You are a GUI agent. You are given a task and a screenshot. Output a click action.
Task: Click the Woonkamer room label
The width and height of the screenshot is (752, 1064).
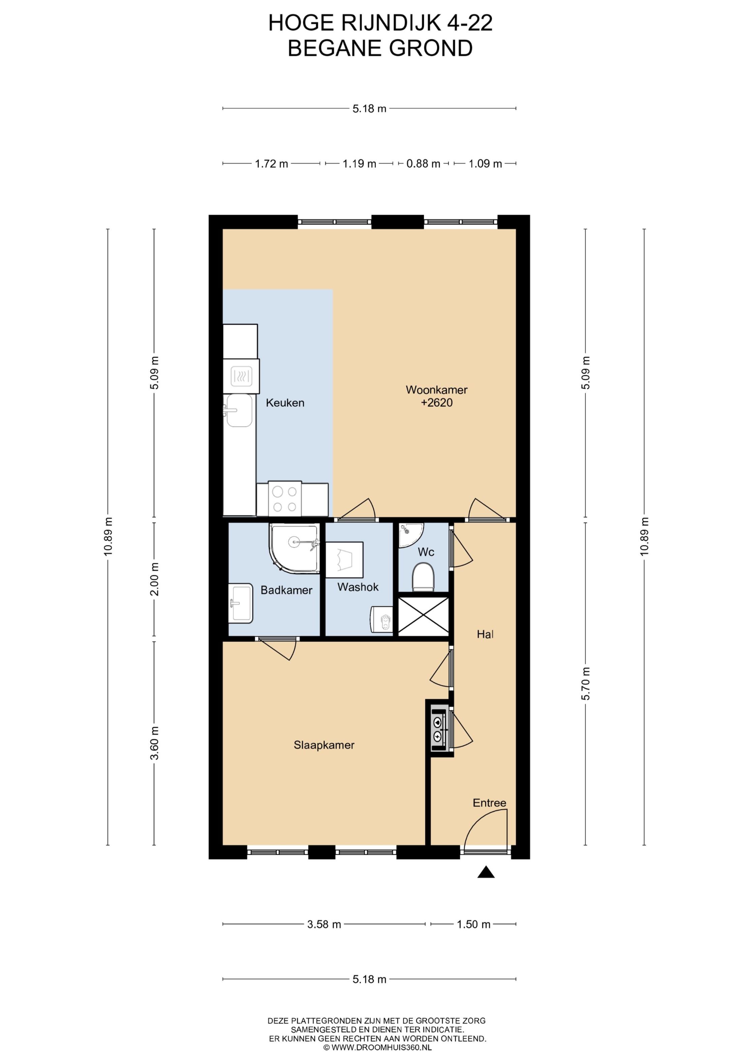tap(436, 390)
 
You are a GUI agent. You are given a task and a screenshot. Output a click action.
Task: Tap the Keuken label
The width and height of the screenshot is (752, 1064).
tap(285, 403)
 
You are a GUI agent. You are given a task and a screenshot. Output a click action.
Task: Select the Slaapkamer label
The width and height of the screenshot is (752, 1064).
tap(324, 745)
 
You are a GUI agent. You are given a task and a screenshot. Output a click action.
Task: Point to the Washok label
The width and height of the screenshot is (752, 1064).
tap(358, 587)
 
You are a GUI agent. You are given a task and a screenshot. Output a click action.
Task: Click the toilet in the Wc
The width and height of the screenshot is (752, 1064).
tap(423, 577)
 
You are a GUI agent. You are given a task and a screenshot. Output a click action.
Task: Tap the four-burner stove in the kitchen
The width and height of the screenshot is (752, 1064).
tap(284, 499)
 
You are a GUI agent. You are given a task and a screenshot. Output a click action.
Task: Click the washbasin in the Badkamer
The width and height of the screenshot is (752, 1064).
tap(241, 603)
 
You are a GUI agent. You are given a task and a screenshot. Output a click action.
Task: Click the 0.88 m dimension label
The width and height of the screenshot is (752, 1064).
tap(423, 163)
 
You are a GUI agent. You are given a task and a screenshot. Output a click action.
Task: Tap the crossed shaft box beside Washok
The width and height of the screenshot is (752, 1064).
tap(424, 616)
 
